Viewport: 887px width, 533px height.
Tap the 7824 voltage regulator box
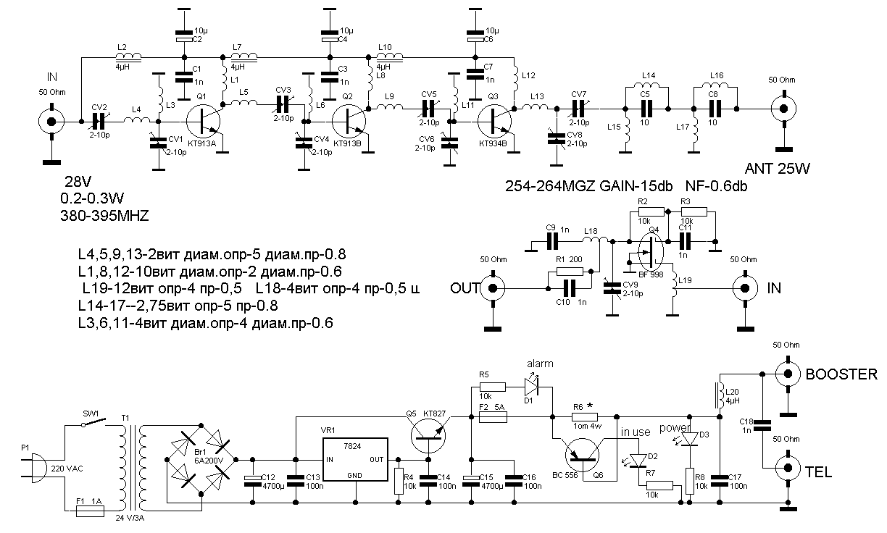click(356, 459)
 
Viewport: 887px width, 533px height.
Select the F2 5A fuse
click(494, 418)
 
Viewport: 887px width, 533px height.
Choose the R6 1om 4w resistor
click(585, 416)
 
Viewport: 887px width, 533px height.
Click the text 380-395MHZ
click(109, 215)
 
